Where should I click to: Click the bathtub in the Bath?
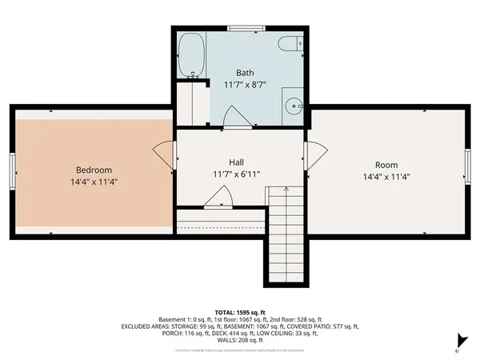[191, 54]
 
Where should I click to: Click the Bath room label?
[245, 72]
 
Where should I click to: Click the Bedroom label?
[94, 170]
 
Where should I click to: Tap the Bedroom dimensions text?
[94, 182]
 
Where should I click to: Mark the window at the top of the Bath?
[246, 29]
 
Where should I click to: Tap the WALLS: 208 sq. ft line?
[240, 341]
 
